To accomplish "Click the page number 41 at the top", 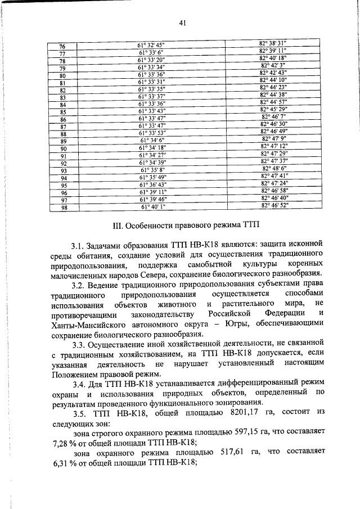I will coord(182,23).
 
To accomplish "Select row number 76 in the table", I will coord(62,46).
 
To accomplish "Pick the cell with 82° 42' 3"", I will coord(274,65).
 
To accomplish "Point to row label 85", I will coord(63,112).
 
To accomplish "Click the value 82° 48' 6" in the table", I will coord(274,168).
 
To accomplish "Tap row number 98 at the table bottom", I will coord(63,207).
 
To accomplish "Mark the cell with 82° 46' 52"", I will coord(274,206).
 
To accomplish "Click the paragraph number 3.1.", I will coord(79,246).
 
